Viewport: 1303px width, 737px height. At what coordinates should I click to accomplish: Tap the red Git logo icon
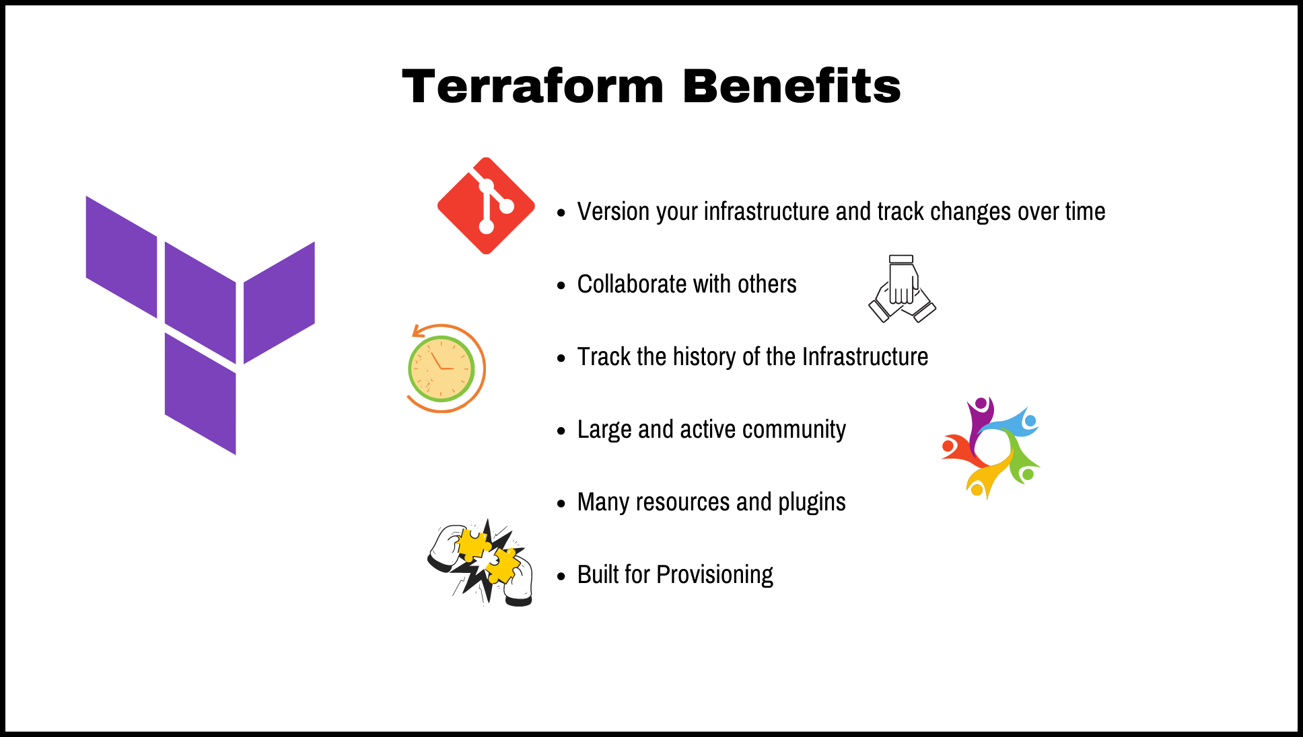pyautogui.click(x=486, y=206)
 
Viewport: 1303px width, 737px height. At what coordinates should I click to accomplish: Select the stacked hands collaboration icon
pyautogui.click(x=902, y=289)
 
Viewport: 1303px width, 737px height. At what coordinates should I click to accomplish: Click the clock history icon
pyautogui.click(x=444, y=368)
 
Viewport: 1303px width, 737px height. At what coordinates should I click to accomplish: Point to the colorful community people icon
pyautogui.click(x=991, y=448)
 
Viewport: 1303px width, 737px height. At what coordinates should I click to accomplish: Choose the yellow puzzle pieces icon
pyautogui.click(x=482, y=562)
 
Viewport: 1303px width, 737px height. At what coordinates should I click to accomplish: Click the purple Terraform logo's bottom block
pyautogui.click(x=201, y=394)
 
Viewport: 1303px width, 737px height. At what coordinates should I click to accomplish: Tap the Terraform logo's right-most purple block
pyautogui.click(x=279, y=303)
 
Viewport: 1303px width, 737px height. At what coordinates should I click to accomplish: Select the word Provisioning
pyautogui.click(x=715, y=575)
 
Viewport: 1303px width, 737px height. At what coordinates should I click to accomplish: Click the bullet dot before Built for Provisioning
pyautogui.click(x=561, y=576)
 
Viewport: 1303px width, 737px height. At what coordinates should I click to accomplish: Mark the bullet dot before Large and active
pyautogui.click(x=561, y=431)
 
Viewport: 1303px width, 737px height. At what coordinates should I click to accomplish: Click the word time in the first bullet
pyautogui.click(x=1085, y=212)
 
